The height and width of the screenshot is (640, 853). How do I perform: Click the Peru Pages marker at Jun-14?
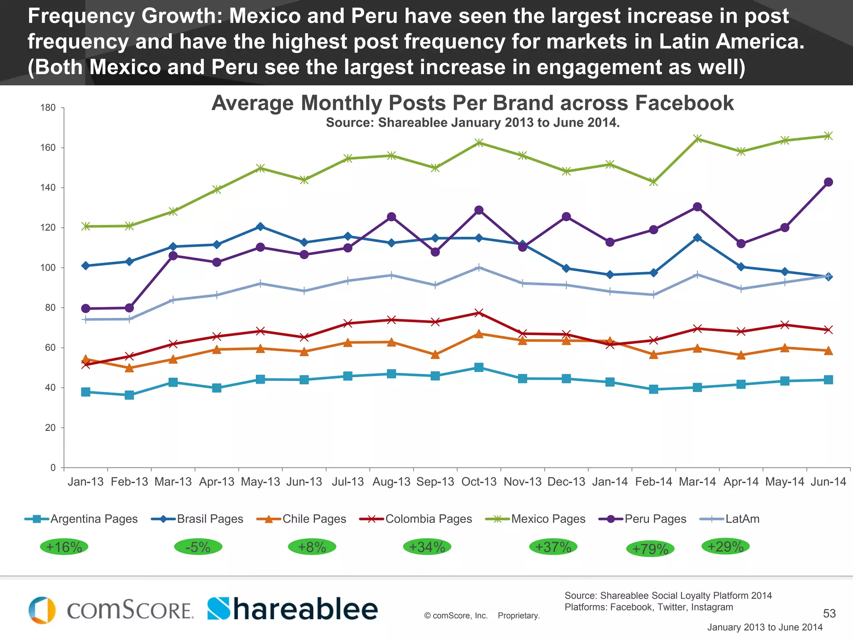point(828,182)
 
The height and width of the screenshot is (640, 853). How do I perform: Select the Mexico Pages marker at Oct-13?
point(479,143)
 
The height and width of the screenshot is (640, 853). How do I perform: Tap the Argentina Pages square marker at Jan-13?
point(86,392)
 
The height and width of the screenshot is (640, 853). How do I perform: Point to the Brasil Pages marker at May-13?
point(260,227)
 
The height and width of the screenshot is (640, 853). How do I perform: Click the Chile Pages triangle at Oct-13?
point(479,334)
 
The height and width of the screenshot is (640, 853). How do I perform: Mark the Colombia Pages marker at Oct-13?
point(479,313)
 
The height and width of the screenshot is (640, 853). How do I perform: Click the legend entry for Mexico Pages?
point(536,519)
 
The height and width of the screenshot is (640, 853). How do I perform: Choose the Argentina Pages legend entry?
point(82,519)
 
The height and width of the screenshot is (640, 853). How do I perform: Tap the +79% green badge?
point(650,549)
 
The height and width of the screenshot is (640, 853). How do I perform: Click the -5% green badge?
point(198,547)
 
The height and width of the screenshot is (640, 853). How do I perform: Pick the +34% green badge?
point(427,547)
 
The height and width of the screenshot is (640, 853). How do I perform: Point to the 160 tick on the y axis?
point(48,147)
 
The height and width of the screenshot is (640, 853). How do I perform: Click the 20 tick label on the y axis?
point(50,427)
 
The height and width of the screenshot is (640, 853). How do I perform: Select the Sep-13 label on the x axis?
point(435,482)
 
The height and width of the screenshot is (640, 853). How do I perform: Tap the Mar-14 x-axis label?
point(697,482)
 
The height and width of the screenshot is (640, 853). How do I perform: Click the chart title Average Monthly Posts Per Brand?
point(472,103)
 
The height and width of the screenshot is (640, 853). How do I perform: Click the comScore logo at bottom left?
point(111,610)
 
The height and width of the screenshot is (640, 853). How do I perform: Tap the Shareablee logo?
point(292,609)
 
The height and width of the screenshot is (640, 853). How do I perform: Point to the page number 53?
point(829,613)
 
